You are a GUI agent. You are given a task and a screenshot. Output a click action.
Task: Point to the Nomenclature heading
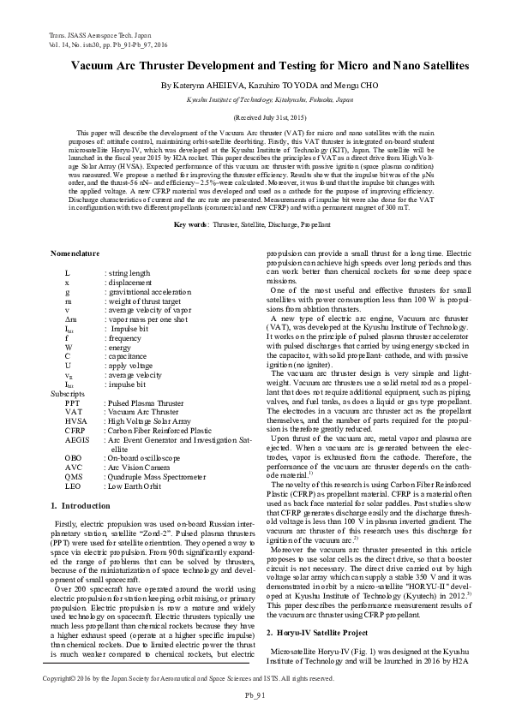tap(76, 254)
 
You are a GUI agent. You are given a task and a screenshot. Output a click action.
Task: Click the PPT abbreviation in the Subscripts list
tap(72, 402)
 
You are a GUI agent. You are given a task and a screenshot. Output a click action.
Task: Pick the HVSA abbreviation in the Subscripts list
tap(75, 420)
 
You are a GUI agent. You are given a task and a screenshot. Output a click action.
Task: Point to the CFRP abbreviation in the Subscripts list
tap(75, 430)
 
